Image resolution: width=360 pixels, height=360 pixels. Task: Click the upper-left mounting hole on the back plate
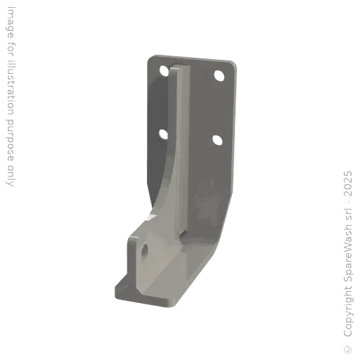click(163, 70)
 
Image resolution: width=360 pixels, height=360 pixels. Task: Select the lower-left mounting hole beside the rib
click(162, 132)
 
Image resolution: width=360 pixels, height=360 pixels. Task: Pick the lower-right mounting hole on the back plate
click(217, 140)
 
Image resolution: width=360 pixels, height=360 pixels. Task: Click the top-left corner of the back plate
click(148, 57)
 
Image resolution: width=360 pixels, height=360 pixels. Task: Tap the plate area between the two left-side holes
click(162, 101)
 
